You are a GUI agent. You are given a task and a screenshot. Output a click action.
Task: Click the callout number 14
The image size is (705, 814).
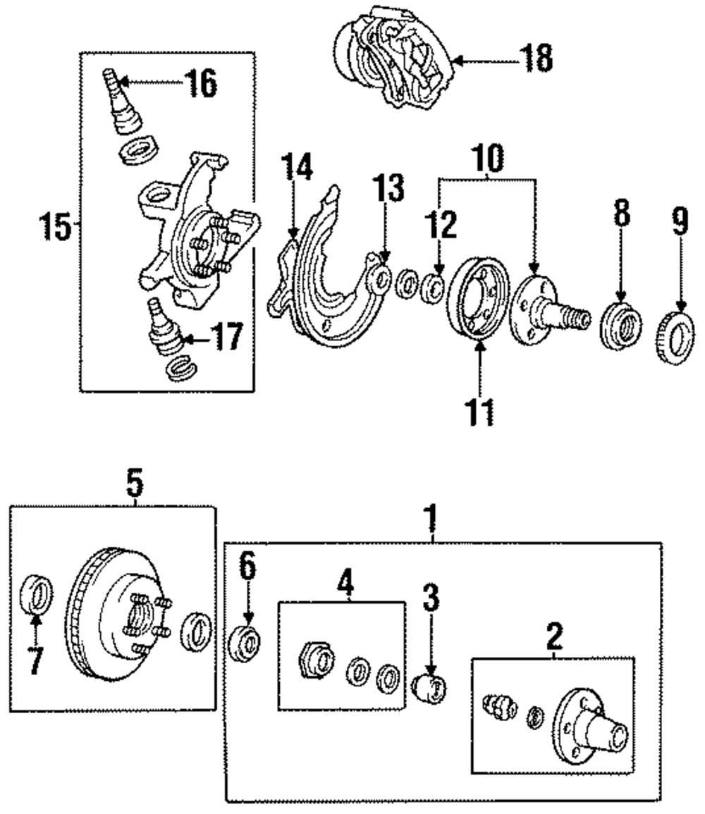295,171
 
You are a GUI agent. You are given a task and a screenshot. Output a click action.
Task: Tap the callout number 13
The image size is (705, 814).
390,190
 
